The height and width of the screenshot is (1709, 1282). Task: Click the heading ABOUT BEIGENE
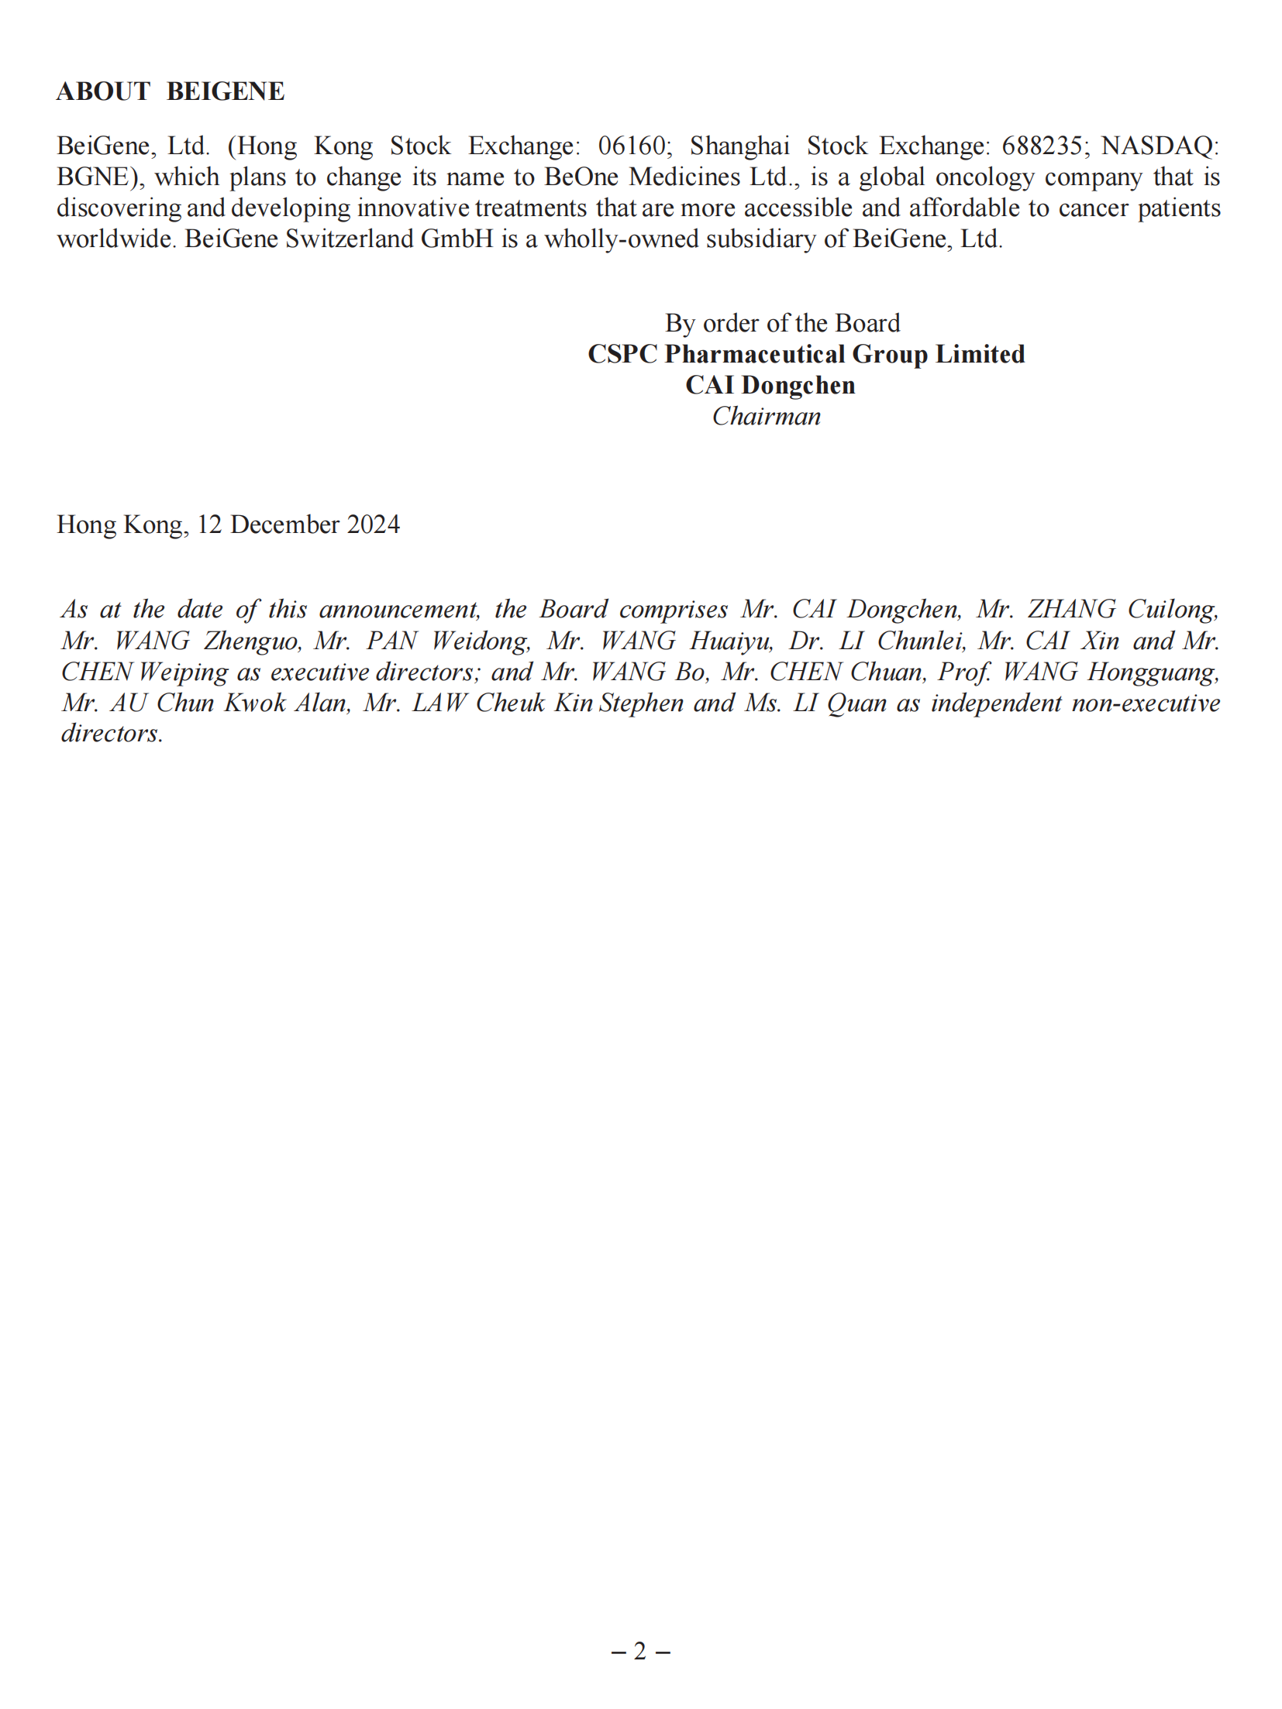[x=171, y=91]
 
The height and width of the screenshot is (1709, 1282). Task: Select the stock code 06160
[x=632, y=146]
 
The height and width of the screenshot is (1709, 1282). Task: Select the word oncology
[x=985, y=177]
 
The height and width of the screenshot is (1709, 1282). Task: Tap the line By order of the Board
[x=782, y=323]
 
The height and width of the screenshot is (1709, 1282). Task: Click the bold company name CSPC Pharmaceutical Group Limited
[x=806, y=354]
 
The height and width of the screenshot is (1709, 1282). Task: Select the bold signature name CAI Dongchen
[x=770, y=385]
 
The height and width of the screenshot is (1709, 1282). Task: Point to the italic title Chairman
[x=767, y=416]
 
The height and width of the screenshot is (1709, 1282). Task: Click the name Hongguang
[x=1153, y=672]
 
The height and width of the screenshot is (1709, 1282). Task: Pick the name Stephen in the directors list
[x=642, y=703]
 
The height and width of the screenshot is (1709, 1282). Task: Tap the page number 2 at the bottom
[x=639, y=1651]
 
